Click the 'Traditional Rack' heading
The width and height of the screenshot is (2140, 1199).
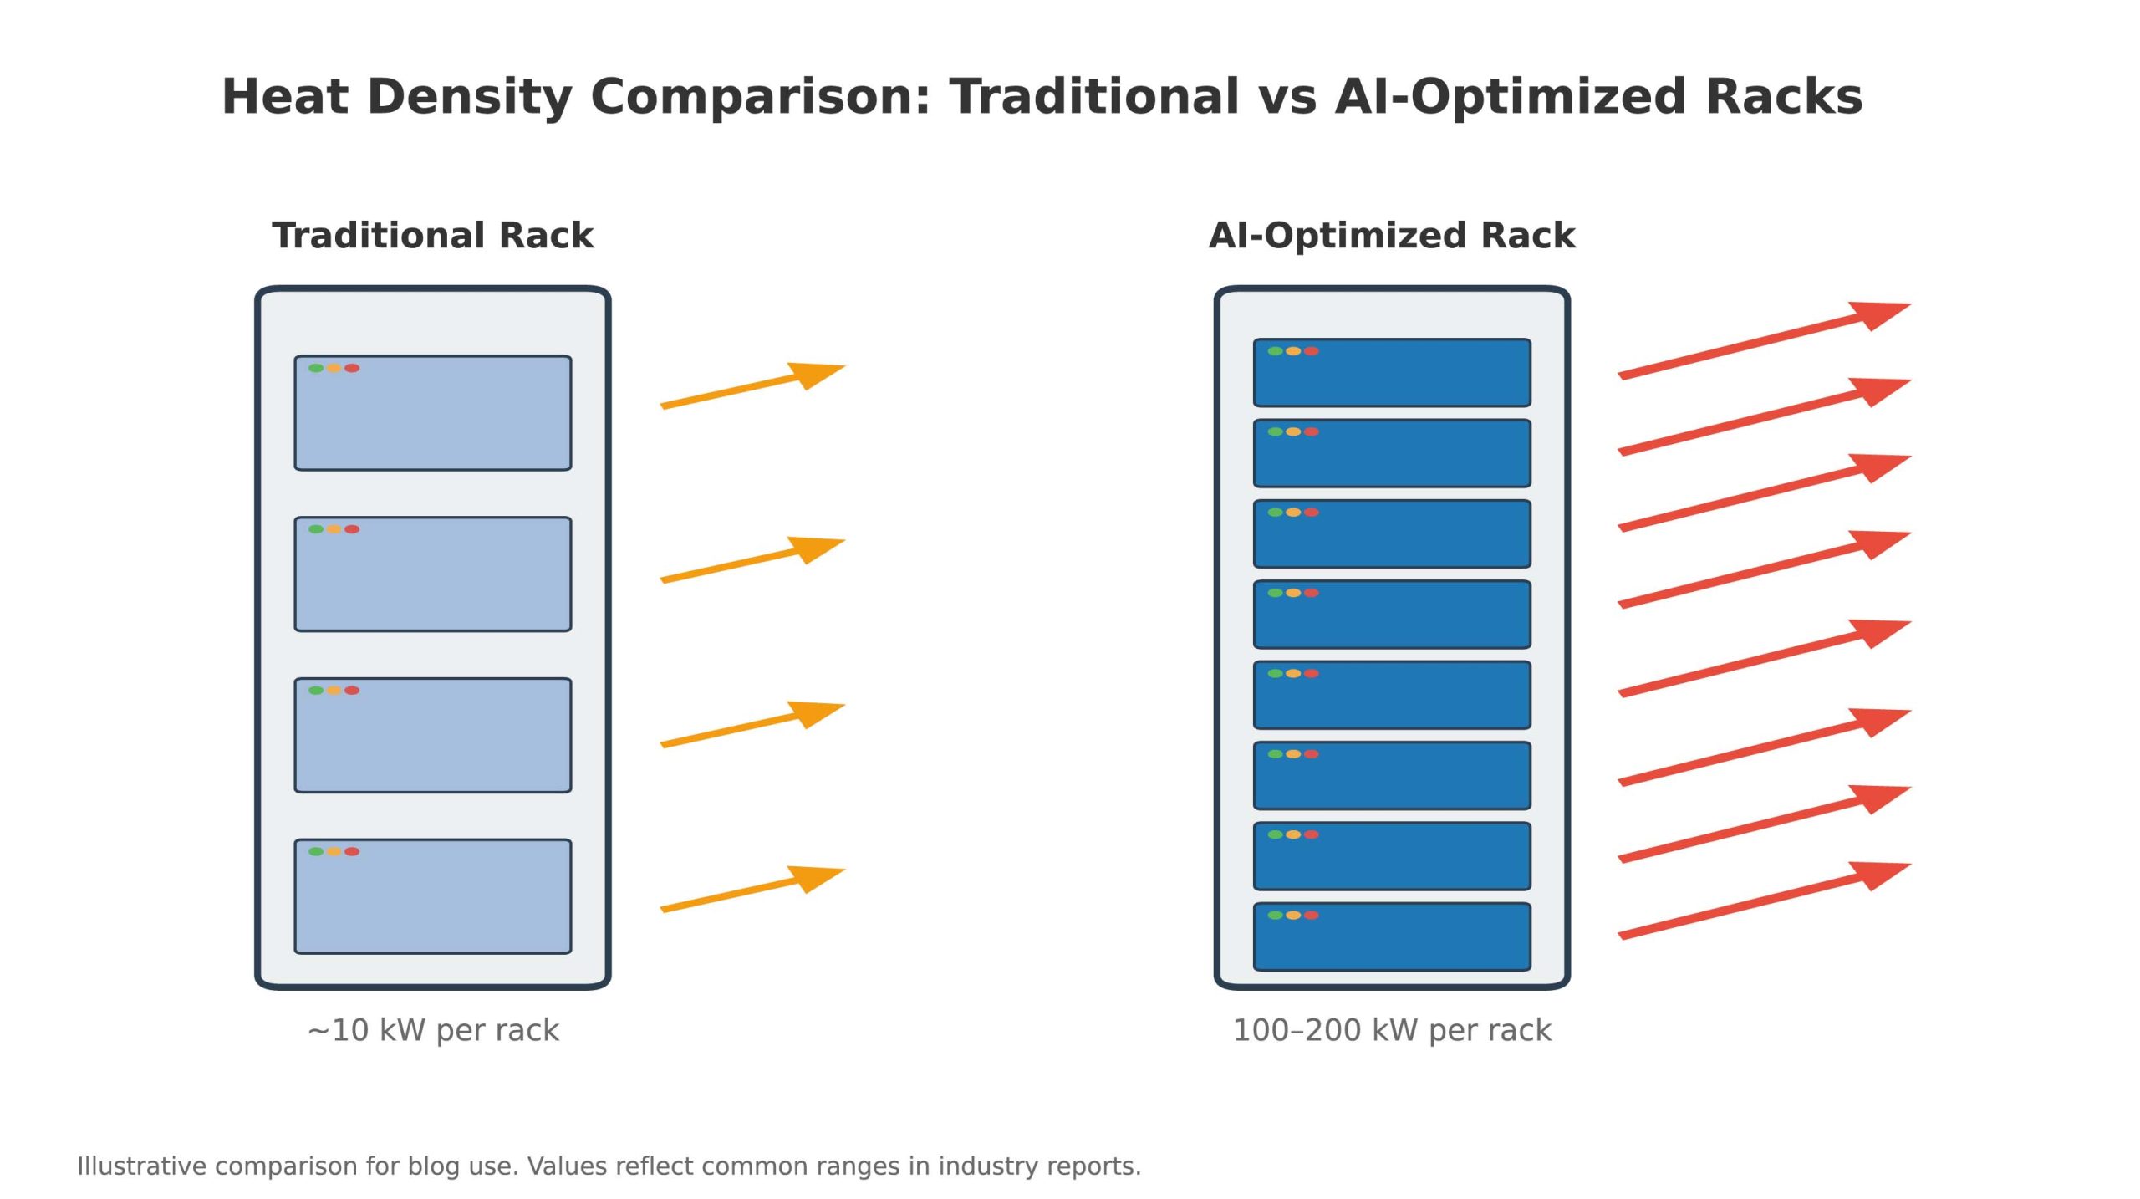point(432,235)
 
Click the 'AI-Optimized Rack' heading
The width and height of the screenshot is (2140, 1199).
point(1392,236)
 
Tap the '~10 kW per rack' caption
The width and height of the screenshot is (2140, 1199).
point(433,1030)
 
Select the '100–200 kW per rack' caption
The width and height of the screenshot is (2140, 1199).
point(1392,1030)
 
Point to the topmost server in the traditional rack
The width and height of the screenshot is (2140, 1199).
point(433,413)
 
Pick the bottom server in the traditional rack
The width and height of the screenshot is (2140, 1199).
point(433,896)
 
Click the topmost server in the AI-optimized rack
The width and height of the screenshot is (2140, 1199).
point(1392,373)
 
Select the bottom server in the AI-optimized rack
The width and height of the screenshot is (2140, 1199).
point(1392,936)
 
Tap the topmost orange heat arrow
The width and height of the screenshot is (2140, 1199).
point(752,385)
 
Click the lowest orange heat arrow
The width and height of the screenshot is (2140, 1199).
point(752,889)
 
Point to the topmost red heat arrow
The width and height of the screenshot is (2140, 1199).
point(1765,340)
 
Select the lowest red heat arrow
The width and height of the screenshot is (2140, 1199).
point(1765,901)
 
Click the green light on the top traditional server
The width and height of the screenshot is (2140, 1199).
point(316,368)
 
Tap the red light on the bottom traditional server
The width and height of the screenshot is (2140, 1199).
point(352,851)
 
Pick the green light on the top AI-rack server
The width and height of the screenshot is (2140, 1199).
point(1275,351)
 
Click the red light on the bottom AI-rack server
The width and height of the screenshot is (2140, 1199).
point(1312,915)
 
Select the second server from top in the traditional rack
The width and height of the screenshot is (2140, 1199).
point(433,574)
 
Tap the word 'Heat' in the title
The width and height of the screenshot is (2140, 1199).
point(285,96)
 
